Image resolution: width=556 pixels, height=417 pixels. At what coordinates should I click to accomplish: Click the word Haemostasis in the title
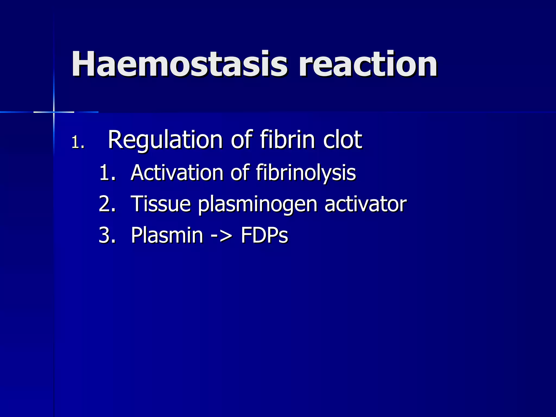pyautogui.click(x=179, y=64)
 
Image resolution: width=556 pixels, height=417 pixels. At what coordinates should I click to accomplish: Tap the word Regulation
pyautogui.click(x=165, y=140)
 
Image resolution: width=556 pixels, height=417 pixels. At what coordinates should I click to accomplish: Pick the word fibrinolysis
pyautogui.click(x=306, y=173)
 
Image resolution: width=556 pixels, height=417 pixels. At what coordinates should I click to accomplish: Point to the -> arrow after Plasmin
pyautogui.click(x=222, y=235)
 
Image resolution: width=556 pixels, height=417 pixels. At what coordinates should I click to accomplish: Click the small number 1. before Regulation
pyautogui.click(x=78, y=143)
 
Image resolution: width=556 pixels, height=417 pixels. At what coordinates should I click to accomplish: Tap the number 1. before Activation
pyautogui.click(x=108, y=173)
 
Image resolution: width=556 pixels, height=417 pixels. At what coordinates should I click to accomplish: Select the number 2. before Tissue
pyautogui.click(x=108, y=204)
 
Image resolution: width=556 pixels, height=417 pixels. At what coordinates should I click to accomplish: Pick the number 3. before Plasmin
pyautogui.click(x=108, y=235)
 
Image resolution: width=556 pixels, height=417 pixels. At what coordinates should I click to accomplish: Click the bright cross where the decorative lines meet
pyautogui.click(x=54, y=112)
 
